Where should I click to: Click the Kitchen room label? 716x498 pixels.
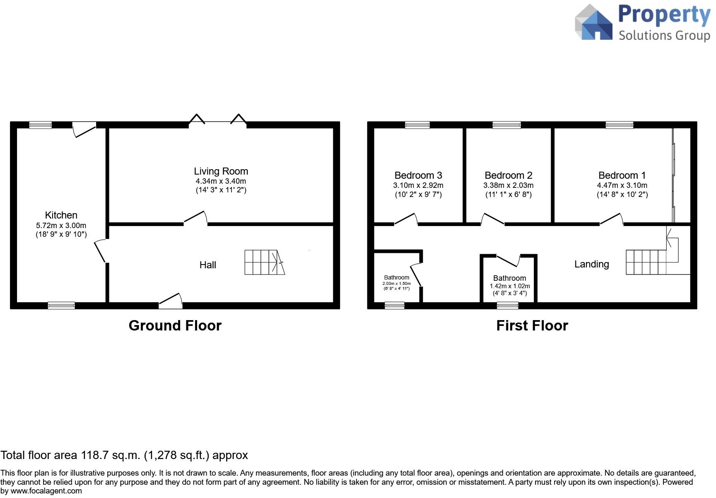pos(61,215)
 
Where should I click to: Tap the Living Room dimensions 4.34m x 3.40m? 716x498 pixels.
pos(221,181)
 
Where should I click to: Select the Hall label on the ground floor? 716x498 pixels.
pos(207,265)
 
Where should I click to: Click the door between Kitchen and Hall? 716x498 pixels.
pos(101,251)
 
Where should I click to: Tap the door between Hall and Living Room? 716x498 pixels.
pos(195,218)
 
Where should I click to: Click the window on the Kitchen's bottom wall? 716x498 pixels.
pos(61,306)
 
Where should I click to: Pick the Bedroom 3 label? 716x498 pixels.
pos(418,175)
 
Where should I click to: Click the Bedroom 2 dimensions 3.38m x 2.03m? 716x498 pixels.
pos(508,185)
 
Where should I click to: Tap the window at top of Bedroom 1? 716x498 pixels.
pos(619,125)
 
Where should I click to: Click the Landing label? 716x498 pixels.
pos(591,264)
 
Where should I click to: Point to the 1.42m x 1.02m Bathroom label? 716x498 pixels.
pos(509,278)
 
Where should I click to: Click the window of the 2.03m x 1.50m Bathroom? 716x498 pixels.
pos(394,306)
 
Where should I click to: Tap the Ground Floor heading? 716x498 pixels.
pos(175,326)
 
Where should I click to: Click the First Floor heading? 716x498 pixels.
pos(532,326)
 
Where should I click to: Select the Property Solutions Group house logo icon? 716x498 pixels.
pos(594,23)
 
